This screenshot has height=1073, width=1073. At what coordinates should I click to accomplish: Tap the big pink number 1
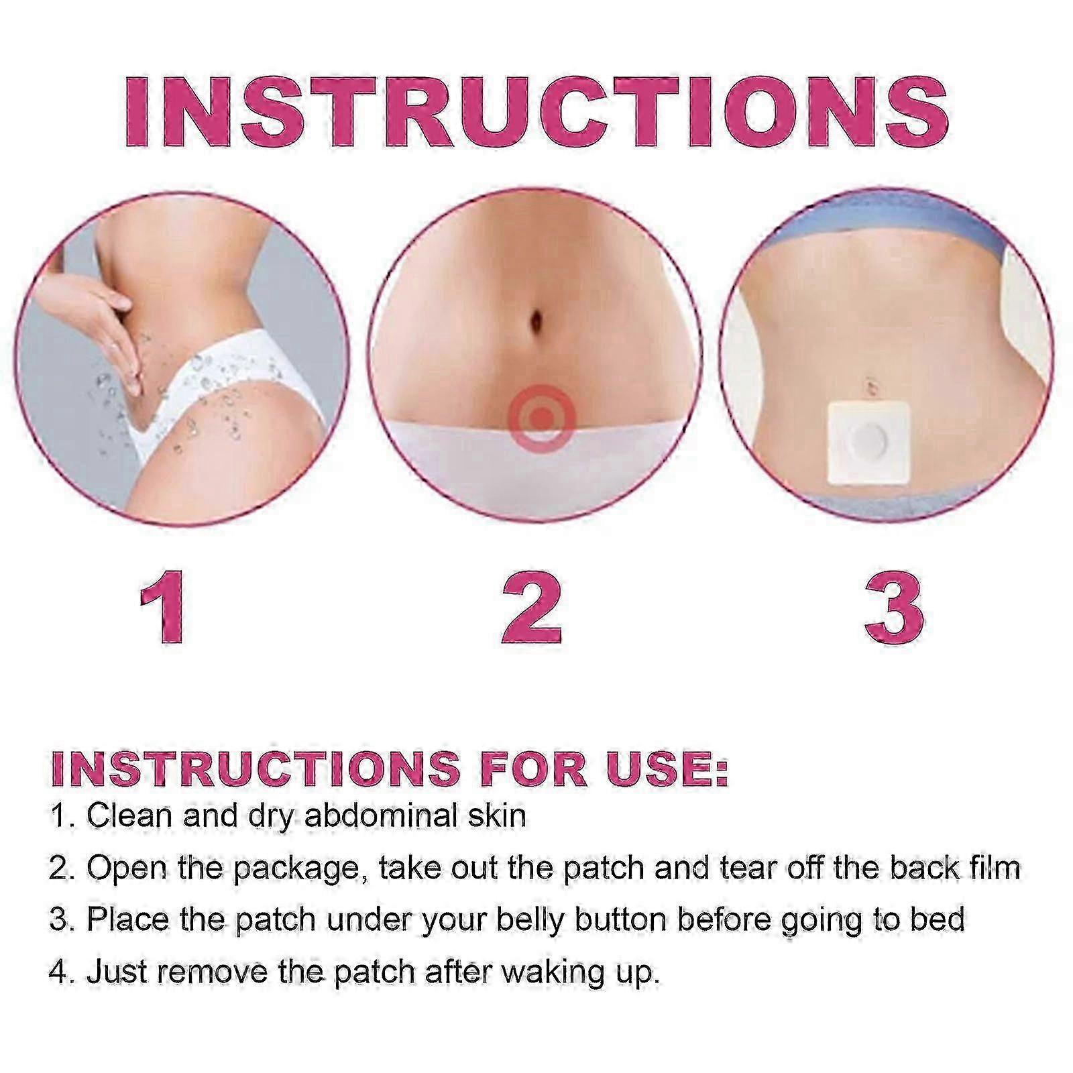coord(163,607)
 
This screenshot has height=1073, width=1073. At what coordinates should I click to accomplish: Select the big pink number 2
coord(532,607)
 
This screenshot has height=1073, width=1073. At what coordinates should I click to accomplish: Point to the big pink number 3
coord(895,607)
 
